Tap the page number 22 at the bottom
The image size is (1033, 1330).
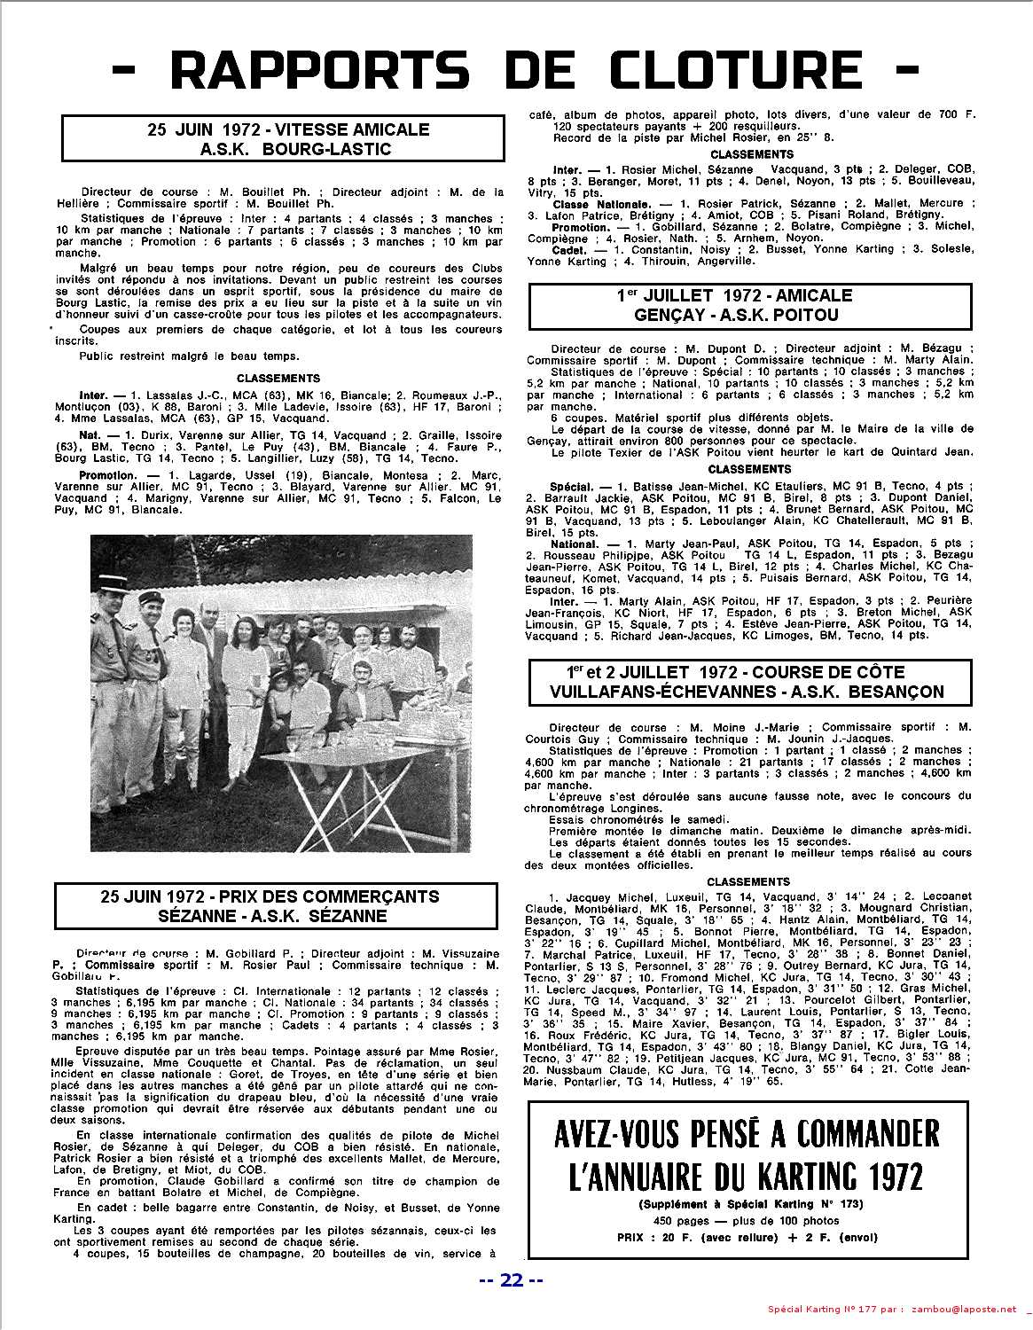tap(511, 1279)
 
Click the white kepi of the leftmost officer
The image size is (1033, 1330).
tap(103, 591)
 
